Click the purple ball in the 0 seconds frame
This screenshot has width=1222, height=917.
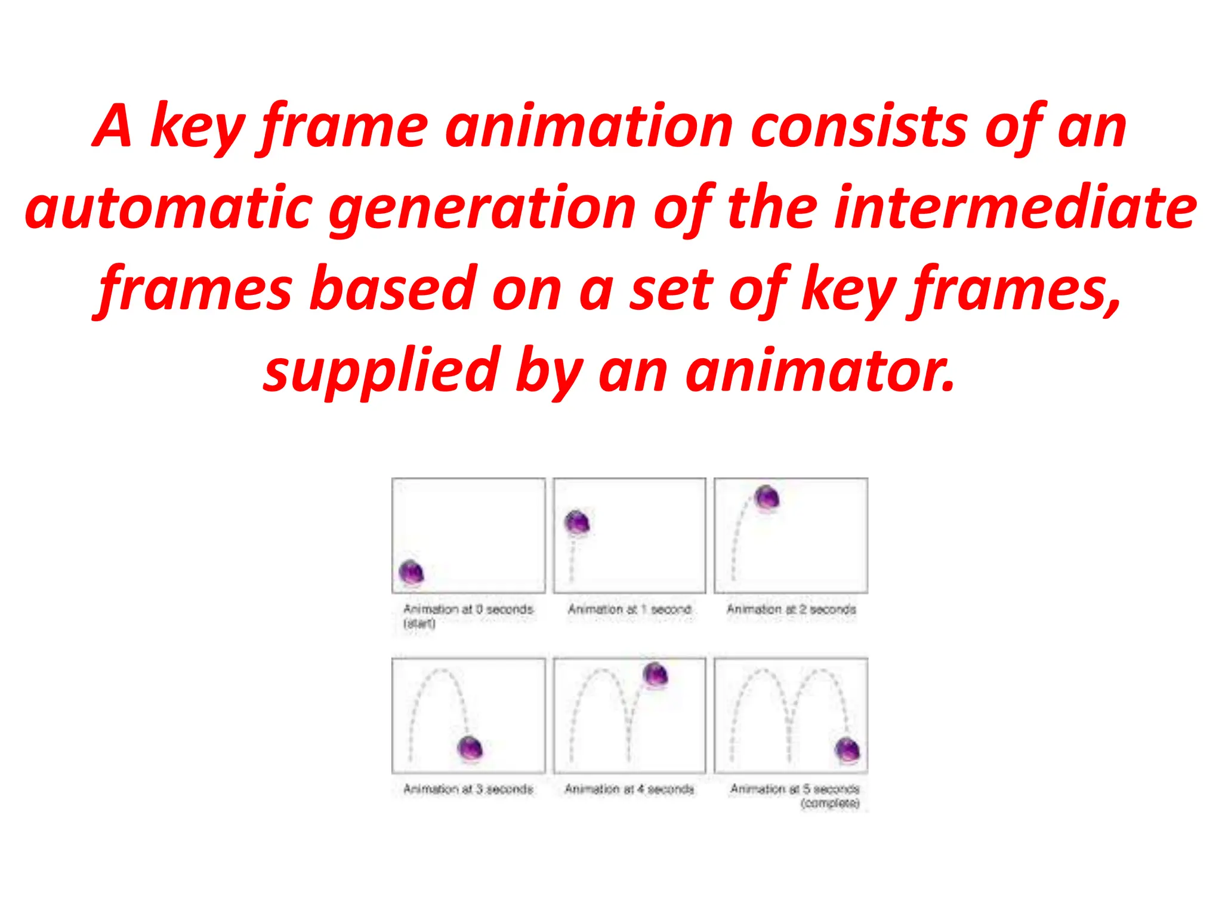[x=411, y=573]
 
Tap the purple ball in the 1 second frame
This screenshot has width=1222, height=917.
[x=577, y=522]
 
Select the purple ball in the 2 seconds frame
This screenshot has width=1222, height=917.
[x=767, y=497]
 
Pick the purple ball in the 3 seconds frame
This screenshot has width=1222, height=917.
[x=470, y=748]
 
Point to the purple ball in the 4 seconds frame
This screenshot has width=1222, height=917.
[x=655, y=675]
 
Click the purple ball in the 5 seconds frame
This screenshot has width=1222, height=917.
[x=847, y=749]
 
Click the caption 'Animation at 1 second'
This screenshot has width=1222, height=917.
[x=629, y=610]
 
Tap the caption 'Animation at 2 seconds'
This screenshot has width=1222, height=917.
[x=791, y=610]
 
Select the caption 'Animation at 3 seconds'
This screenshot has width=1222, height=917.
[x=468, y=789]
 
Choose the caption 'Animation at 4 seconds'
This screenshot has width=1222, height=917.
[x=629, y=789]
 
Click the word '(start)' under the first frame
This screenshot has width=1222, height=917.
[x=419, y=624]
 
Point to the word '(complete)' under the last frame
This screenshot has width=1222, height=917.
[x=830, y=804]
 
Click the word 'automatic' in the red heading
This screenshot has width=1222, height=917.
[x=169, y=208]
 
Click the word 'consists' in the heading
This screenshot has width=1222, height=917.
[x=859, y=126]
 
